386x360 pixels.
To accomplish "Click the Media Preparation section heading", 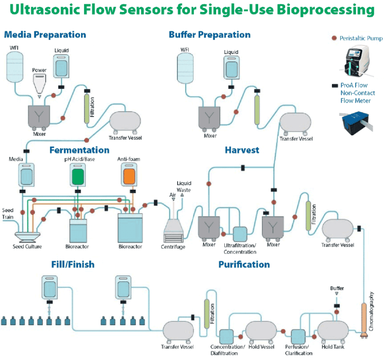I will click(45, 34).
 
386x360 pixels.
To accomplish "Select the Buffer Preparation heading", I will click(209, 34).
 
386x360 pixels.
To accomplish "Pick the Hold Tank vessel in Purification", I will click(332, 331).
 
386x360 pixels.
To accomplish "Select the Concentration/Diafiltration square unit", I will click(227, 336).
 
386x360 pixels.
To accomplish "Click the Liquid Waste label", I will click(184, 187).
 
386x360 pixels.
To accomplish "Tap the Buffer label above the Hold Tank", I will click(337, 288).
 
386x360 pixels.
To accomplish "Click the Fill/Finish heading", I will click(72, 264).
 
